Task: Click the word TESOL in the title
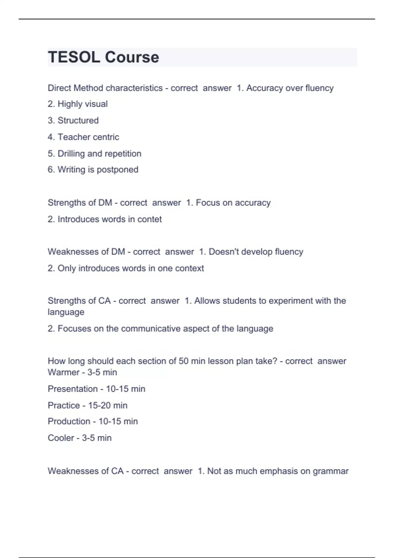pos(74,57)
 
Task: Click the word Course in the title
pos(132,57)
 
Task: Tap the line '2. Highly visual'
pos(77,104)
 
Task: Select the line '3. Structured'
pos(73,120)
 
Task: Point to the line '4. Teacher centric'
pos(83,137)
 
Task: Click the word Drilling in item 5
pos(71,154)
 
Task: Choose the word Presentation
pos(73,389)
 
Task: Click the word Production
pos(69,421)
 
